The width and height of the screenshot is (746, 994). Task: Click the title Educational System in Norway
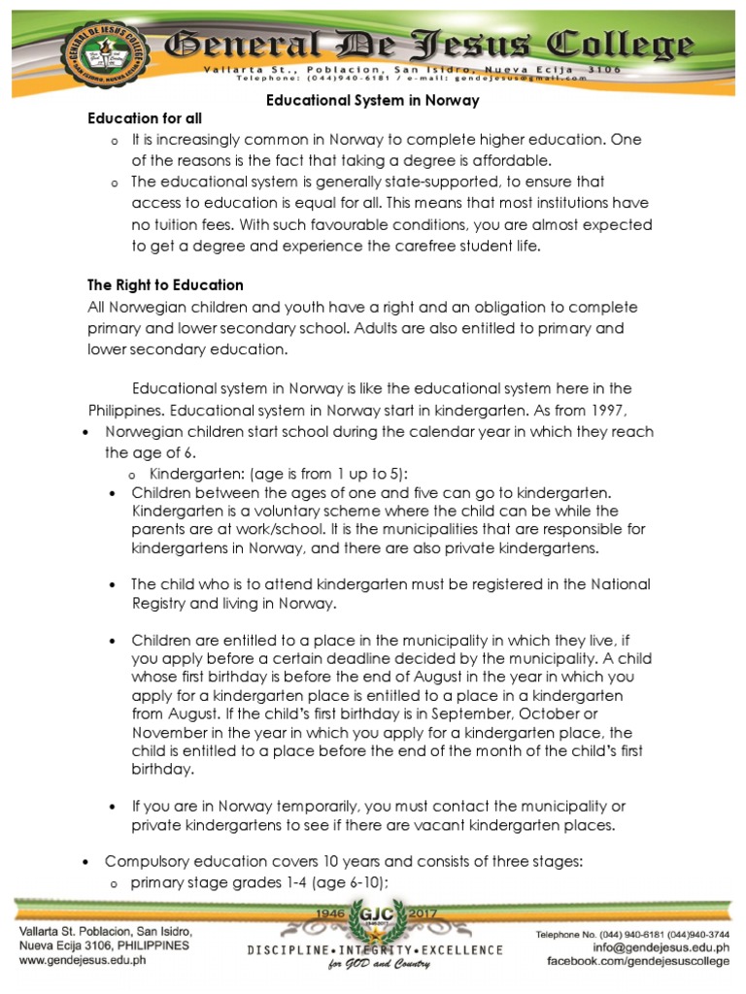coord(374,100)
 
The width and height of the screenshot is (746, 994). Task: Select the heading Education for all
coord(145,118)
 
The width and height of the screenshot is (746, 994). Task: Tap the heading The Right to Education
coord(165,285)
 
